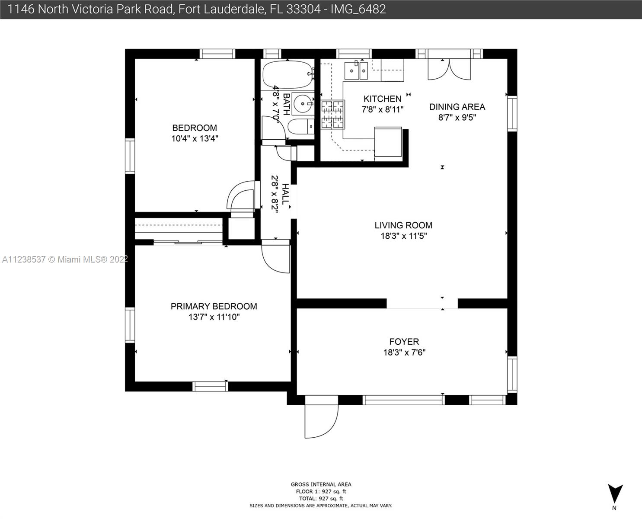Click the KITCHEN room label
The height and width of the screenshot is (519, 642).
tap(382, 99)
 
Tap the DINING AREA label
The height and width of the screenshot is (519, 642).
tap(457, 107)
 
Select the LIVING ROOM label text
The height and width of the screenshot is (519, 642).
tap(403, 225)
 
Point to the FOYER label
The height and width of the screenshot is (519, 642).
tap(404, 342)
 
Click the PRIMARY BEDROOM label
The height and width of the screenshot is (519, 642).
tap(214, 306)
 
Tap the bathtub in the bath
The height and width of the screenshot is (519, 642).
tap(287, 75)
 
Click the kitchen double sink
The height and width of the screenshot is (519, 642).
tap(356, 71)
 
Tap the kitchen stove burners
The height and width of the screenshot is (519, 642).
tap(332, 115)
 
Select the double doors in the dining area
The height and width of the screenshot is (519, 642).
tap(449, 69)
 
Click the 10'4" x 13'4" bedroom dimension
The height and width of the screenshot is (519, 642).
tap(195, 139)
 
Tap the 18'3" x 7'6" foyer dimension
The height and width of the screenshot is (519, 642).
tap(404, 352)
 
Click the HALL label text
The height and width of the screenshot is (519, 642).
tap(285, 194)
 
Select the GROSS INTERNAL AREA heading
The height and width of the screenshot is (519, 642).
tap(321, 484)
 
